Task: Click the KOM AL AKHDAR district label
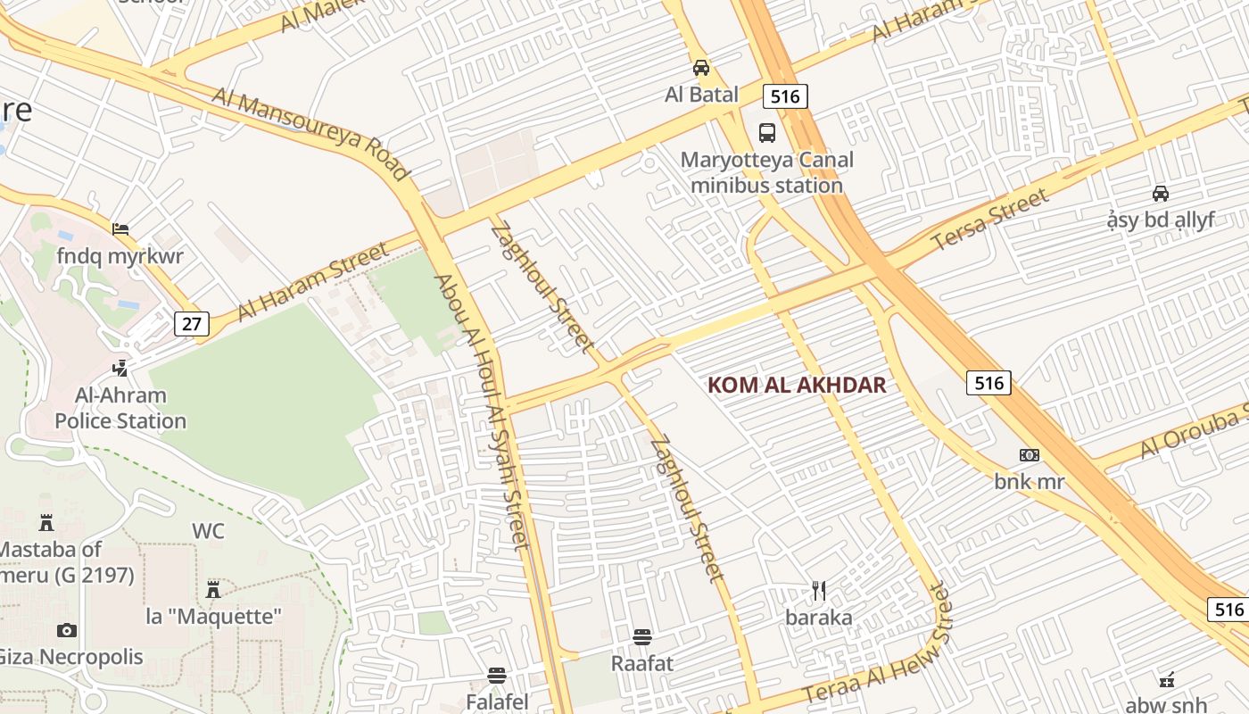pyautogui.click(x=797, y=386)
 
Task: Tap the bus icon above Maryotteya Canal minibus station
pyautogui.click(x=767, y=133)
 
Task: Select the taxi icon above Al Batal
pyautogui.click(x=702, y=67)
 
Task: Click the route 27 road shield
pyautogui.click(x=192, y=323)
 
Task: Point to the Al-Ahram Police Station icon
pyautogui.click(x=120, y=368)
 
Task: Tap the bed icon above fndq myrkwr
pyautogui.click(x=120, y=229)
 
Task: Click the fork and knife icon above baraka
pyautogui.click(x=819, y=590)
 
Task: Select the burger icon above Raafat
pyautogui.click(x=642, y=636)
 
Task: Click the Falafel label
pyautogui.click(x=497, y=702)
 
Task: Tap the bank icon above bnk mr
pyautogui.click(x=1030, y=455)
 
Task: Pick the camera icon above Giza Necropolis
pyautogui.click(x=67, y=631)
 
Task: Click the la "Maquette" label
pyautogui.click(x=214, y=616)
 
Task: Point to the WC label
pyautogui.click(x=208, y=531)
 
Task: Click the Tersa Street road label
pyautogui.click(x=990, y=220)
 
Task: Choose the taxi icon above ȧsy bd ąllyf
pyautogui.click(x=1161, y=193)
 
